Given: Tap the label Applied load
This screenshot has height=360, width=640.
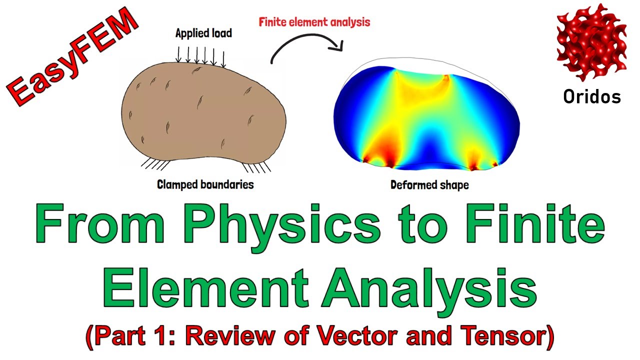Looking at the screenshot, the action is (203, 33).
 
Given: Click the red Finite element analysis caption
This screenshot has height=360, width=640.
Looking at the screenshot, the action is (314, 22).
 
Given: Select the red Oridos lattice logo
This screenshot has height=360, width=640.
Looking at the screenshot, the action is (591, 43).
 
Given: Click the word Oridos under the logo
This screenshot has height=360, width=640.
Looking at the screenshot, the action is (592, 96).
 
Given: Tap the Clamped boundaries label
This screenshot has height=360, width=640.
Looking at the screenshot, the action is (205, 184).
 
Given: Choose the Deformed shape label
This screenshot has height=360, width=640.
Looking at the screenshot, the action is (429, 185).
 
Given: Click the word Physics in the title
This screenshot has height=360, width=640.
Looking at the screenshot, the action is (283, 224).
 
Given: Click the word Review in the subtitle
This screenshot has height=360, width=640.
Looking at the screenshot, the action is (230, 336).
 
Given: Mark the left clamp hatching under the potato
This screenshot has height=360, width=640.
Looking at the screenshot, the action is (155, 164).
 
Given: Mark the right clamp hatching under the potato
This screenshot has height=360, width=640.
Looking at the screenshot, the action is (257, 167).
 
